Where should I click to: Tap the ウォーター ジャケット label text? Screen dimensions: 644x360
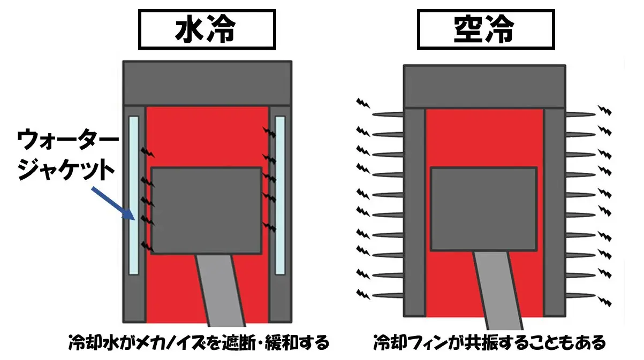[x=68, y=155]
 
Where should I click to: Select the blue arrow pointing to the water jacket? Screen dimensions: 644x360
[x=113, y=203]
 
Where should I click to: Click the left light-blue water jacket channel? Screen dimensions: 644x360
[x=134, y=195]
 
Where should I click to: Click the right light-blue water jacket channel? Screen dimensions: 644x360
[x=280, y=195]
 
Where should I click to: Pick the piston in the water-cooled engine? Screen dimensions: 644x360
[x=207, y=211]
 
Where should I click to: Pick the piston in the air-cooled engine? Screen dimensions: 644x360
[x=484, y=209]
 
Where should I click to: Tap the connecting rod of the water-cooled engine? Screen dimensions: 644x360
[x=221, y=290]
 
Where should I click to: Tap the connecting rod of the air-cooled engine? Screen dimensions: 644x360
[x=498, y=290]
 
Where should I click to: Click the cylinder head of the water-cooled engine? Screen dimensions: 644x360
[x=207, y=83]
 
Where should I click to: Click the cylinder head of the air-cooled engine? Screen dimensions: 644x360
[x=484, y=86]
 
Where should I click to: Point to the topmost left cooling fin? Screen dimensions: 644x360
[x=388, y=114]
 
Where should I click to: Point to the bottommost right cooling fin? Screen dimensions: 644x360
[x=581, y=295]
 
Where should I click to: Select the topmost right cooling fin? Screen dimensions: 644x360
[x=581, y=114]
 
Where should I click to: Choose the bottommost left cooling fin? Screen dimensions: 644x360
[x=388, y=295]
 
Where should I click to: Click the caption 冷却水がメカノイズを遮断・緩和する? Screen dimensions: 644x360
[x=199, y=342]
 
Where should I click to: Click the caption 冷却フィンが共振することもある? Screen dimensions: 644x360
[x=489, y=342]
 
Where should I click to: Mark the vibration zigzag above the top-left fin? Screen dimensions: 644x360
[x=363, y=103]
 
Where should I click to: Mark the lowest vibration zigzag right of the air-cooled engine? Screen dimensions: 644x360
[x=604, y=301]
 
